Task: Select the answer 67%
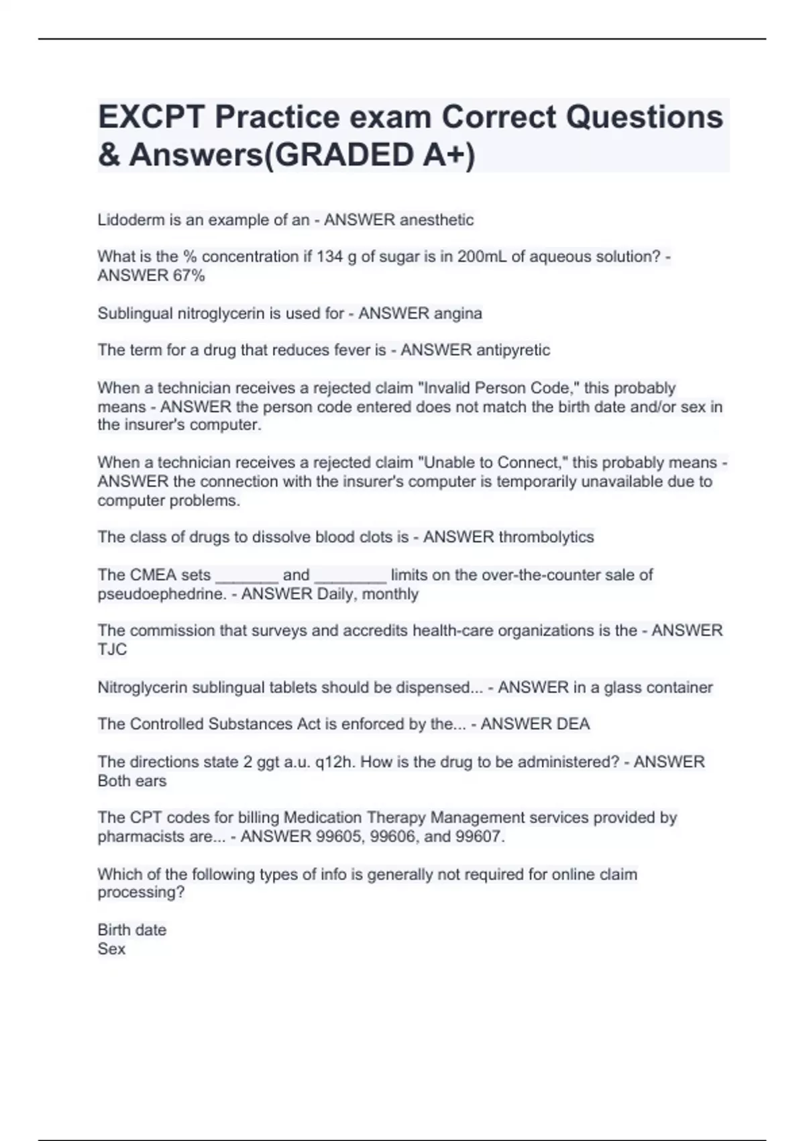coord(189,276)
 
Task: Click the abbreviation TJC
coord(112,650)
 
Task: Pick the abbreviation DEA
coord(573,724)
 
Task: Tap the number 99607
coord(478,837)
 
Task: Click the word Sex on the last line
coord(111,949)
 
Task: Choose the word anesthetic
coord(436,220)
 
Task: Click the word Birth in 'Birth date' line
coord(113,930)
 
